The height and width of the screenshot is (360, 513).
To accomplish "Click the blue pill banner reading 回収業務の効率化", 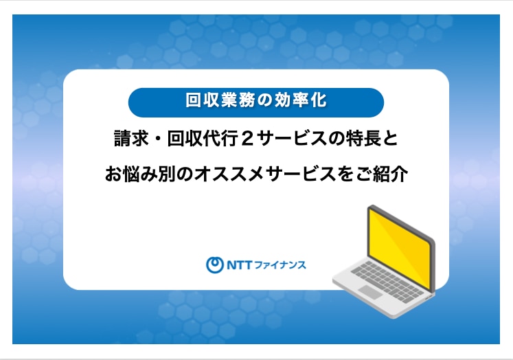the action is click(256, 102).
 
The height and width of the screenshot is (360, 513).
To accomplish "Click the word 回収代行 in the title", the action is click(202, 139).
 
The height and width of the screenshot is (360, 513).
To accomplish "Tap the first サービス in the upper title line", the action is click(290, 139).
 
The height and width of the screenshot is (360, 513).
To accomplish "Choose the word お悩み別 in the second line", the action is click(139, 173).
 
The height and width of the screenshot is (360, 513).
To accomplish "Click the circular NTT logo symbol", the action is click(215, 265).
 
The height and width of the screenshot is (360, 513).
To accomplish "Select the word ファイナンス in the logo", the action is click(280, 265).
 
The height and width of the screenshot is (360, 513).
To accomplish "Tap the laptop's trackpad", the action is click(370, 291).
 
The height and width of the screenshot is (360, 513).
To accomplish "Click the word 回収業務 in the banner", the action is click(220, 100).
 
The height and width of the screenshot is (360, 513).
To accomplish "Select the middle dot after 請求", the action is click(158, 139).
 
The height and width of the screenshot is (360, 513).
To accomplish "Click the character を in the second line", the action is click(345, 174).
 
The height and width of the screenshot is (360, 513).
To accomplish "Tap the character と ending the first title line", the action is click(389, 139).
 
